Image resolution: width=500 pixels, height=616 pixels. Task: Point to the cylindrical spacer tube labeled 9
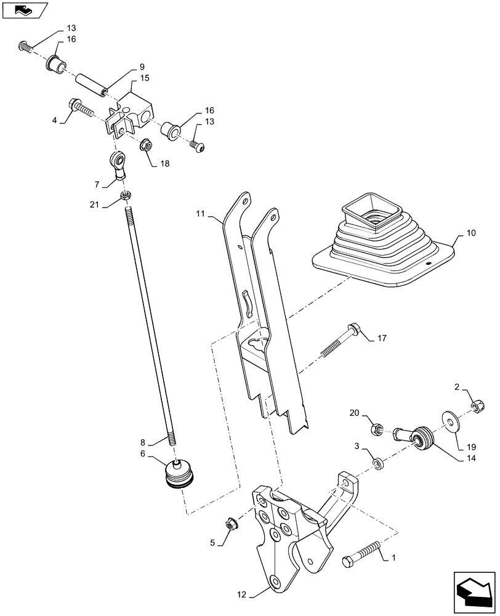(x=90, y=84)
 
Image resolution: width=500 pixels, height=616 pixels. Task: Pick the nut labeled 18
(x=148, y=147)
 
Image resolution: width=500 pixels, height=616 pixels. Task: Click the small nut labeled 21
(x=125, y=195)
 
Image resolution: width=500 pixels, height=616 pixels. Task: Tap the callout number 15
(x=145, y=78)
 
